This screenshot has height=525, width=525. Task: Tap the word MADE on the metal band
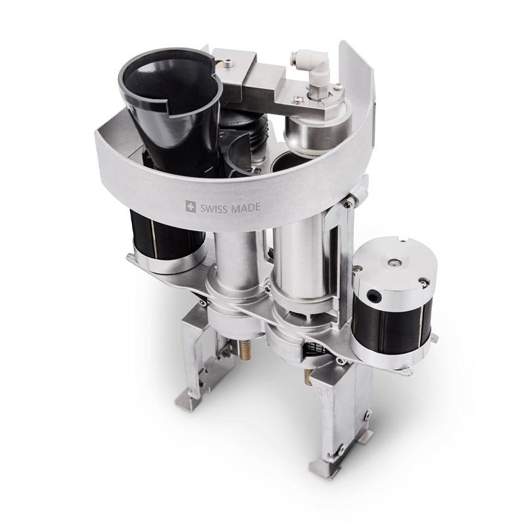245,207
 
